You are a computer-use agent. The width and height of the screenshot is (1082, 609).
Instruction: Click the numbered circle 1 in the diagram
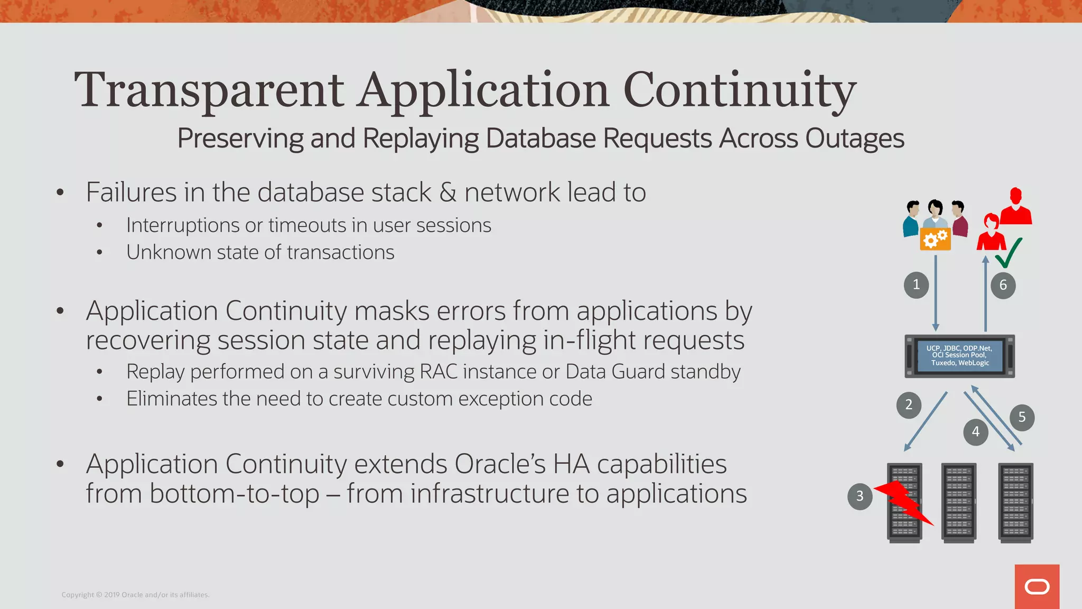[916, 285]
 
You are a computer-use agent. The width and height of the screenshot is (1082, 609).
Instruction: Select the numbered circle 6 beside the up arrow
[1003, 285]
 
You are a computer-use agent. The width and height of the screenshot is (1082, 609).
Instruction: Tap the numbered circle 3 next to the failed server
[860, 496]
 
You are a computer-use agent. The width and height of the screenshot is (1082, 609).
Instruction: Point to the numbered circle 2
[909, 405]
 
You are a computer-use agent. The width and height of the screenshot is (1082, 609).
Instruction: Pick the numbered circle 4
[975, 432]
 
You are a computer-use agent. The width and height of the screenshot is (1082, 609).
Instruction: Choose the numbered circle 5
[1022, 417]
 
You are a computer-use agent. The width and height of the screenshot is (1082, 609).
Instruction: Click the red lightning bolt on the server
[904, 502]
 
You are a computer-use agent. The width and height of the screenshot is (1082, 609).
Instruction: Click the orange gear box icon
[935, 239]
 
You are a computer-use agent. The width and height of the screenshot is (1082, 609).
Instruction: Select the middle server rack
[958, 502]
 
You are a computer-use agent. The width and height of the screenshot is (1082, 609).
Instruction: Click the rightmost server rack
[1015, 502]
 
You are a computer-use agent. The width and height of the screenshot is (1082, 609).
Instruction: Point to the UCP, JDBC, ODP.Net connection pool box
[959, 356]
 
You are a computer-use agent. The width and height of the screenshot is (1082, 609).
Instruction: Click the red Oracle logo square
[1037, 586]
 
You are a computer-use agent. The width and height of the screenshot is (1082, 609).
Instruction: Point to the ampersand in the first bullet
[447, 192]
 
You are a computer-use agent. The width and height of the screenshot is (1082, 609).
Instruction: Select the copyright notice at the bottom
[135, 595]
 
